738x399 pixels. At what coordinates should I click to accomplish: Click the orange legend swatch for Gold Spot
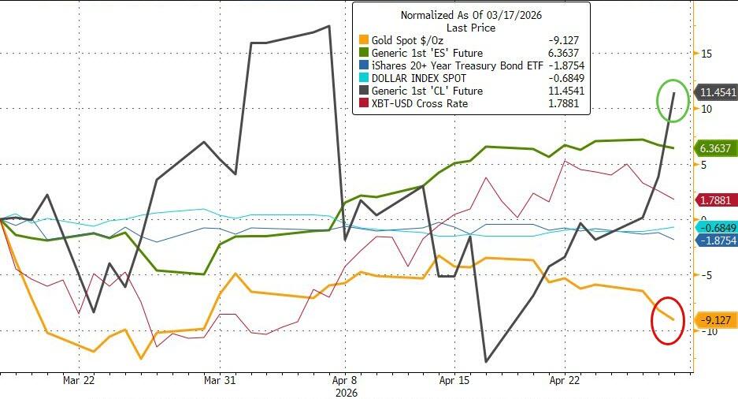(363, 41)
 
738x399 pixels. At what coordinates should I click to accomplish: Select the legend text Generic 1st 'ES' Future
(426, 53)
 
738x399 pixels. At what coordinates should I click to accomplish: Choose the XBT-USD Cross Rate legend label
(421, 104)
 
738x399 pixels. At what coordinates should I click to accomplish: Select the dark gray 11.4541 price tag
(717, 92)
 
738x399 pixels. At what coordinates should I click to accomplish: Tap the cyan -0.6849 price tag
(715, 227)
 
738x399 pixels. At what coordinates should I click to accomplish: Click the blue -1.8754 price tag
(715, 241)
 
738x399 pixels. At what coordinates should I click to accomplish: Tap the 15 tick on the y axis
(706, 54)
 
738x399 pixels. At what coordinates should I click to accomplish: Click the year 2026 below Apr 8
(347, 392)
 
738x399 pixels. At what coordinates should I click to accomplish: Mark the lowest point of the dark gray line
(486, 362)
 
